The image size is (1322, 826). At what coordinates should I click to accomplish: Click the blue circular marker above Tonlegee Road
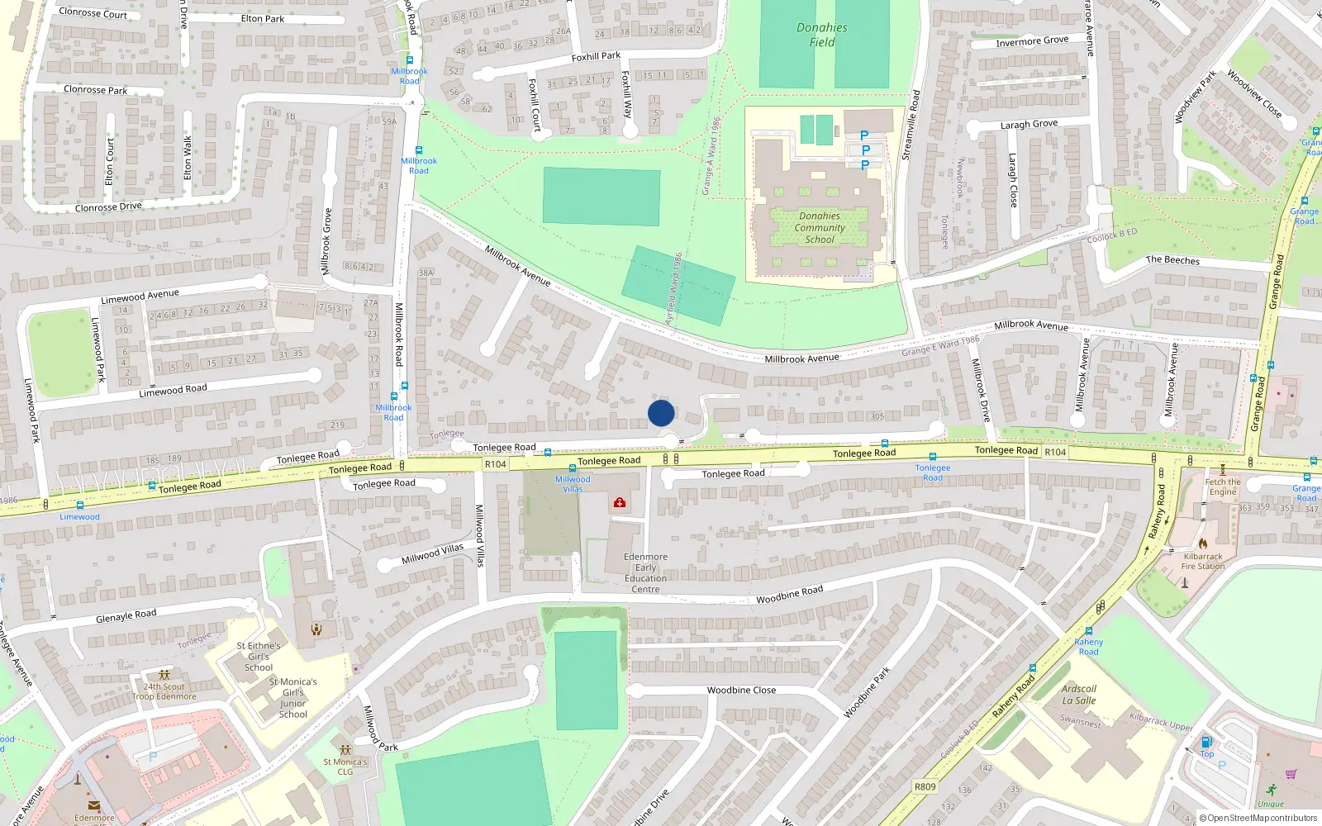[x=661, y=413]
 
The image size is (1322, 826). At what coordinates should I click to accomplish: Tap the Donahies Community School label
[x=820, y=228]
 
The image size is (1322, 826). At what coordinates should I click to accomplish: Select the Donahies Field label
[x=822, y=35]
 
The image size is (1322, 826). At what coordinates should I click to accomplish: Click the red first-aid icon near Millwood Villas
[x=620, y=502]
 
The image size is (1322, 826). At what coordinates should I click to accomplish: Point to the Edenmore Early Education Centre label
[x=646, y=572]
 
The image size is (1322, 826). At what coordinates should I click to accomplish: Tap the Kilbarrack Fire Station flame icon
[x=1203, y=544]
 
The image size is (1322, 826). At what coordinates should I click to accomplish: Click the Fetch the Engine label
[x=1223, y=487]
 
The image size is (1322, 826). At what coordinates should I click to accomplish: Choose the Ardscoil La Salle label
[x=1079, y=695]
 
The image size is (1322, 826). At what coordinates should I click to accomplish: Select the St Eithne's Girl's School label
[x=259, y=657]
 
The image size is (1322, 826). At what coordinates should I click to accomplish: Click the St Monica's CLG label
[x=345, y=767]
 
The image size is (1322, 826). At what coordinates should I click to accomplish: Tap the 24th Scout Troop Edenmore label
[x=164, y=691]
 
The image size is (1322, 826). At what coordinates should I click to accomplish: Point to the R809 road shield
[x=925, y=786]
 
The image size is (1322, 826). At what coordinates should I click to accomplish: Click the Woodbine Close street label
[x=741, y=690]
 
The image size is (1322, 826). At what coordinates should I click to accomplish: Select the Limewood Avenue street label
[x=140, y=296]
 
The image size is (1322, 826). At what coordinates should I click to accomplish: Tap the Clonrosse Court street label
[x=93, y=13]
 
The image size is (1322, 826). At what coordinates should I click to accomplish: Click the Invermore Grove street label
[x=1032, y=41]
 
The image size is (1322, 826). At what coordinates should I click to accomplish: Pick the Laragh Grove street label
[x=1029, y=125]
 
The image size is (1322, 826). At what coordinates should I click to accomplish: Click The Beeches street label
[x=1172, y=259]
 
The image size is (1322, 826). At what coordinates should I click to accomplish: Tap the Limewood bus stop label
[x=79, y=517]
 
